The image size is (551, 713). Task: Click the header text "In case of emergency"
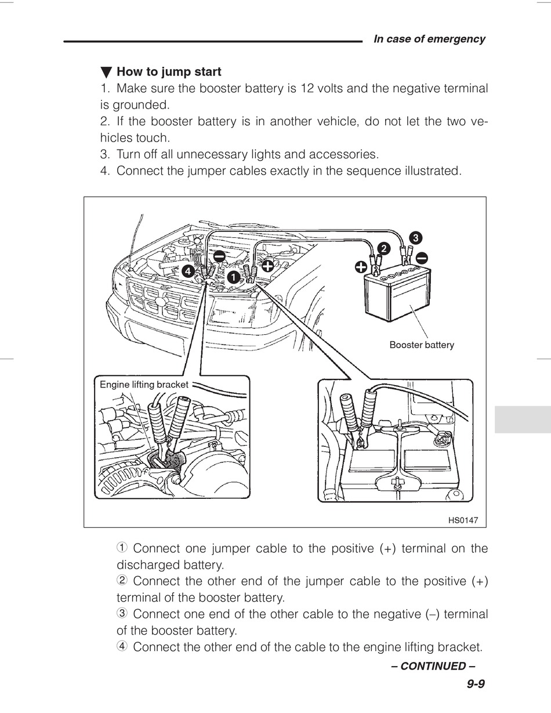pyautogui.click(x=429, y=39)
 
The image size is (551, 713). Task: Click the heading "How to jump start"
pyautogui.click(x=169, y=72)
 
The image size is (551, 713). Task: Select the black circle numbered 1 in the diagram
pyautogui.click(x=233, y=277)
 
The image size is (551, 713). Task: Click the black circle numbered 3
pyautogui.click(x=415, y=237)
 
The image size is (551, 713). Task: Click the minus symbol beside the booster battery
pyautogui.click(x=422, y=257)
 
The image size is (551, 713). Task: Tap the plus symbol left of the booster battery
pyautogui.click(x=361, y=267)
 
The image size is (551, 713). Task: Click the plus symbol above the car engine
pyautogui.click(x=267, y=266)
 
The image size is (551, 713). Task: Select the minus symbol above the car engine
pyautogui.click(x=219, y=256)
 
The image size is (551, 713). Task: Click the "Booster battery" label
pyautogui.click(x=422, y=345)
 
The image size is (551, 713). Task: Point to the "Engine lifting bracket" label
pyautogui.click(x=144, y=385)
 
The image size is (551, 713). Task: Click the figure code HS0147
pyautogui.click(x=463, y=520)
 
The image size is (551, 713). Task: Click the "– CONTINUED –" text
pyautogui.click(x=433, y=666)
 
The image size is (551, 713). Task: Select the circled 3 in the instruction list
pyautogui.click(x=122, y=614)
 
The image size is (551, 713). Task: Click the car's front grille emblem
pyautogui.click(x=161, y=299)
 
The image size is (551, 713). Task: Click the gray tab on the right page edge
pyautogui.click(x=523, y=419)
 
